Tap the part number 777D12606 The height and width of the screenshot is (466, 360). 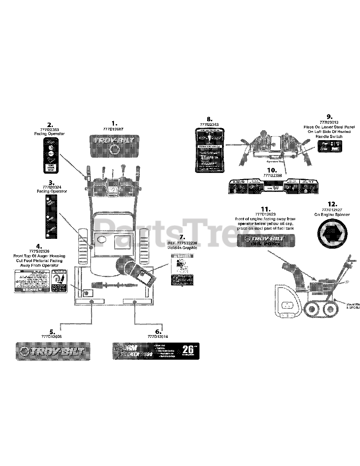(x=52, y=337)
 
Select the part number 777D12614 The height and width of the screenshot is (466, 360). (x=158, y=337)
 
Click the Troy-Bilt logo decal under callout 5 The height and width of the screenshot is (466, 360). (x=53, y=351)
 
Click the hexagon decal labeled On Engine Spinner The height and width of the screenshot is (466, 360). (x=332, y=233)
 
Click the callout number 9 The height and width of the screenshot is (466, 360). (x=329, y=116)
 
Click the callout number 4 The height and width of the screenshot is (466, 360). (x=39, y=246)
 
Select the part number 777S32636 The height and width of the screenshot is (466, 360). (x=39, y=252)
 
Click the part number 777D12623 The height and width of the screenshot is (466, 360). (x=266, y=214)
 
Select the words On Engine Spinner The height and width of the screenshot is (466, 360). (x=332, y=214)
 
